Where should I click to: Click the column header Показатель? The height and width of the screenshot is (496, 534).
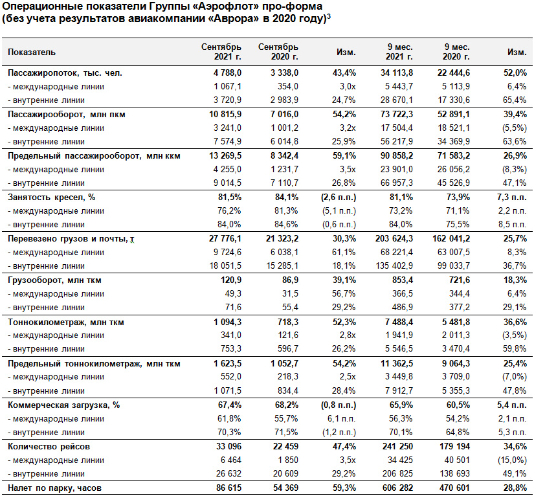pyautogui.click(x=31, y=52)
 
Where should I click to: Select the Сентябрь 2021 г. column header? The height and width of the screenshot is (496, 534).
pyautogui.click(x=221, y=52)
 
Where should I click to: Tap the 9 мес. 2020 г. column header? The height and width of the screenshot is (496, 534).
pyautogui.click(x=456, y=52)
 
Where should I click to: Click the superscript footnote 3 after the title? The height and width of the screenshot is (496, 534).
pyautogui.click(x=329, y=16)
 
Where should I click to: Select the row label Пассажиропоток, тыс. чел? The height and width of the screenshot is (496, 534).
pyautogui.click(x=65, y=73)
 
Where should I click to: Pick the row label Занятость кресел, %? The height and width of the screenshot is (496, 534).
pyautogui.click(x=51, y=197)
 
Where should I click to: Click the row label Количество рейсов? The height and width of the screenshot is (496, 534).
pyautogui.click(x=49, y=446)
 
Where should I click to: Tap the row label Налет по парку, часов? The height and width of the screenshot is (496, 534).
pyautogui.click(x=54, y=488)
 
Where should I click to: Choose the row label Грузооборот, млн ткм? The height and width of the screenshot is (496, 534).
pyautogui.click(x=54, y=280)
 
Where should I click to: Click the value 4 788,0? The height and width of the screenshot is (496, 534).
pyautogui.click(x=227, y=73)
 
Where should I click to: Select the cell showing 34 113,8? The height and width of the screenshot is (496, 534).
pyautogui.click(x=396, y=73)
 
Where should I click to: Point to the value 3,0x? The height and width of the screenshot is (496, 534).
pyautogui.click(x=348, y=87)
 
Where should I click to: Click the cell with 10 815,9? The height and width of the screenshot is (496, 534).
pyautogui.click(x=225, y=114)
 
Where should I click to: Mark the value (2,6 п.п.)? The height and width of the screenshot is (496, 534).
pyautogui.click(x=339, y=197)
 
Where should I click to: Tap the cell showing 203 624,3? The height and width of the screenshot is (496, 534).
pyautogui.click(x=394, y=238)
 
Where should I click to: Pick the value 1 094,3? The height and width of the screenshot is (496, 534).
pyautogui.click(x=227, y=322)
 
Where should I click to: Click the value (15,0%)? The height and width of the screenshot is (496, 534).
pyautogui.click(x=512, y=460)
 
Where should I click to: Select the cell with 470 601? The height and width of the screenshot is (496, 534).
pyautogui.click(x=454, y=488)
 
